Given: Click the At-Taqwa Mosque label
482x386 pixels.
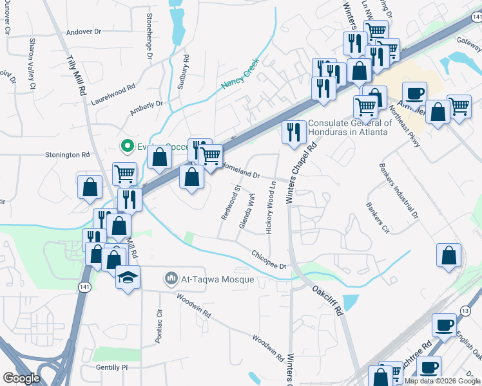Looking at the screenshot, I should pos(218,280).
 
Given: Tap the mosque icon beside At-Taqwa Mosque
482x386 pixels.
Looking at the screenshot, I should pos(171,279).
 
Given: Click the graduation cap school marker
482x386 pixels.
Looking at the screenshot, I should pos(128,279).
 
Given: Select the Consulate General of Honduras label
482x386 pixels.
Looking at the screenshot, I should pos(350,127).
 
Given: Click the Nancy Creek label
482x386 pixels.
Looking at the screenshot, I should pos(239,74).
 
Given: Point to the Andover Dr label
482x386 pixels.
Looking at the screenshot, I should pos(84,31).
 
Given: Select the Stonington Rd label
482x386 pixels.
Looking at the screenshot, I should pos(67,155).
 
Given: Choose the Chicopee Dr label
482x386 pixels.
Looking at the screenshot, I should pos(268,259).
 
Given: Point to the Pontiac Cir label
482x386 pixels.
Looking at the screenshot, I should pos(159,325).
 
